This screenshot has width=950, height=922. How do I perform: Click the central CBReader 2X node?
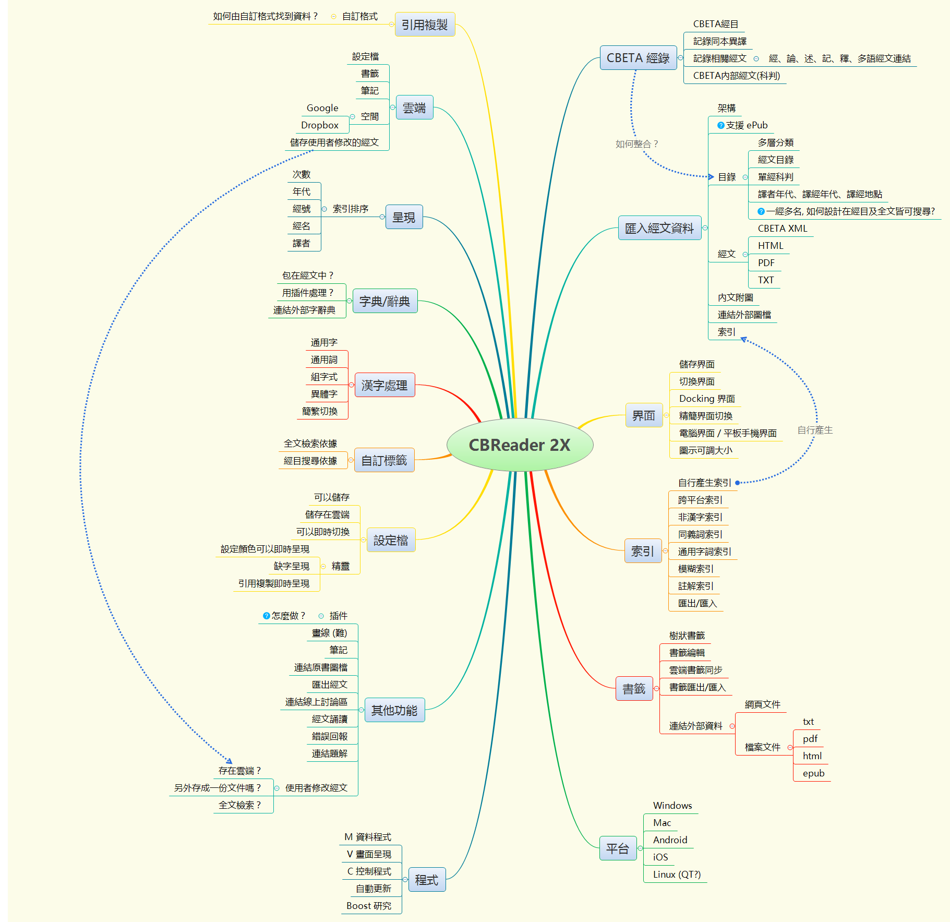(x=520, y=445)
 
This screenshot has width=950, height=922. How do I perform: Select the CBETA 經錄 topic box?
(x=638, y=58)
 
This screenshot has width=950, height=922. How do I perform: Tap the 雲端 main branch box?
(x=414, y=108)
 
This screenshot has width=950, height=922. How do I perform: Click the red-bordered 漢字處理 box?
(x=384, y=385)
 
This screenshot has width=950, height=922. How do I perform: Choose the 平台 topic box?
(x=618, y=849)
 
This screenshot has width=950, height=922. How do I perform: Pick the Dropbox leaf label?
(x=320, y=125)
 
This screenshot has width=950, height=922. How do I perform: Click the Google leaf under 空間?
(x=322, y=108)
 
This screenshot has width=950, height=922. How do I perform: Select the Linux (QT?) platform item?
(x=677, y=875)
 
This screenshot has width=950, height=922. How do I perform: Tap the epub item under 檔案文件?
(x=813, y=773)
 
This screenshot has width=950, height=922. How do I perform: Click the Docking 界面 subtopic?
(x=707, y=399)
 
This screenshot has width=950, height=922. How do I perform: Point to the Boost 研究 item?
(x=369, y=906)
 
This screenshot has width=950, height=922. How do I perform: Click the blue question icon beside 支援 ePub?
(x=720, y=125)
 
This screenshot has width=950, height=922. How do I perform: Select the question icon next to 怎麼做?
(x=266, y=616)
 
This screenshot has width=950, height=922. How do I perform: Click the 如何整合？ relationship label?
(x=636, y=144)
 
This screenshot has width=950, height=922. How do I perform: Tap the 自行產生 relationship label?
(x=815, y=430)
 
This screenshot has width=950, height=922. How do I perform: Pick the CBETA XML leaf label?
(x=782, y=229)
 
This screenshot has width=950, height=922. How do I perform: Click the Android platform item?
(x=670, y=840)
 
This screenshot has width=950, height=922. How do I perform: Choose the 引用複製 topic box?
(x=425, y=25)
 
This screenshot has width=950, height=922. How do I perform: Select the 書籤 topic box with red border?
(x=634, y=689)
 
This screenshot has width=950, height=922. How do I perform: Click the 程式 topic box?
(x=426, y=880)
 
